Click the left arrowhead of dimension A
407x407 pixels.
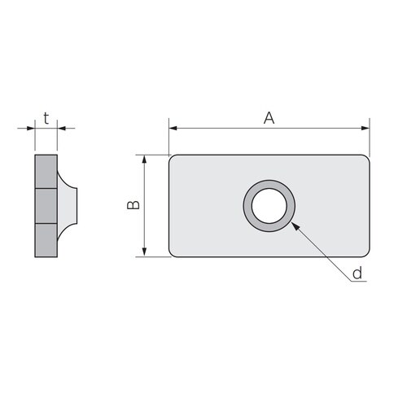tap(173, 128)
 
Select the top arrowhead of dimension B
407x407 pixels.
tap(145, 160)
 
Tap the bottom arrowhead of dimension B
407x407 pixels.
tap(145, 252)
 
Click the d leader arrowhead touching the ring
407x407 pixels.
tap(293, 225)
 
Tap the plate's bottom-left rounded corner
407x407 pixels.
tap(173, 253)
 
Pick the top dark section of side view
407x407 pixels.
tap(46, 172)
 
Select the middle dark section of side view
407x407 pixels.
tap(46, 205)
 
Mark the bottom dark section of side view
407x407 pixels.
tap(46, 239)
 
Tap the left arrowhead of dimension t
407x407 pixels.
tap(31, 128)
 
